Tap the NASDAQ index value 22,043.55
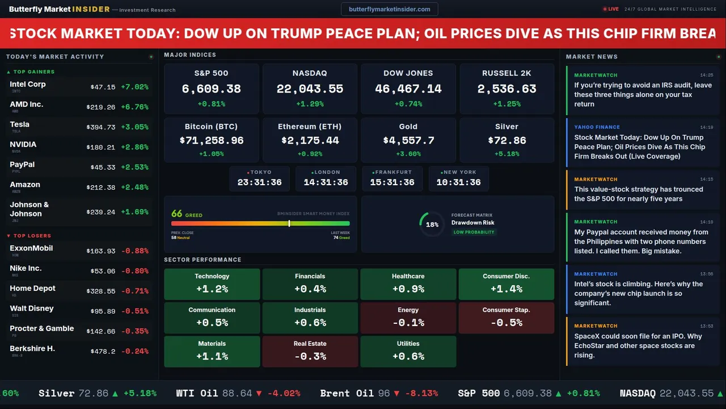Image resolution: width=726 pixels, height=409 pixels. pyautogui.click(x=310, y=89)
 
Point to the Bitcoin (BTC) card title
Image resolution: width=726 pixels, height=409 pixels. pyautogui.click(x=211, y=127)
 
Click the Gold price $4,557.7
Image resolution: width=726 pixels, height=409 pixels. pyautogui.click(x=408, y=140)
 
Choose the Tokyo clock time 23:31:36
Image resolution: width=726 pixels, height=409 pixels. pyautogui.click(x=259, y=182)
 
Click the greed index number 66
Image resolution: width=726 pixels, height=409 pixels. pyautogui.click(x=176, y=214)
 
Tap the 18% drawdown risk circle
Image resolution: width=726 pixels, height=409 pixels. pyautogui.click(x=432, y=224)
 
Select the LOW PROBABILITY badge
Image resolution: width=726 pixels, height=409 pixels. pyautogui.click(x=474, y=232)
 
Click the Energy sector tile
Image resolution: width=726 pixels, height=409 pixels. pyautogui.click(x=408, y=318)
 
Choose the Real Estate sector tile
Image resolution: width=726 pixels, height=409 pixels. pyautogui.click(x=310, y=351)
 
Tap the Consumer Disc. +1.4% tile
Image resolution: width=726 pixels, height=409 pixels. pyautogui.click(x=506, y=283)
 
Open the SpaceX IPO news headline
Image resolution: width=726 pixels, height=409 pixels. pyautogui.click(x=638, y=345)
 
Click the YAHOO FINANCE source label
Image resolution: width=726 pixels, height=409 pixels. pyautogui.click(x=597, y=127)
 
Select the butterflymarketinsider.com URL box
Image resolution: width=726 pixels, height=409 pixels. pyautogui.click(x=389, y=9)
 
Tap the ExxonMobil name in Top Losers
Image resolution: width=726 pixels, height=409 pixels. pyautogui.click(x=31, y=248)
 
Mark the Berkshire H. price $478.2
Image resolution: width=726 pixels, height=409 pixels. pyautogui.click(x=103, y=352)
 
